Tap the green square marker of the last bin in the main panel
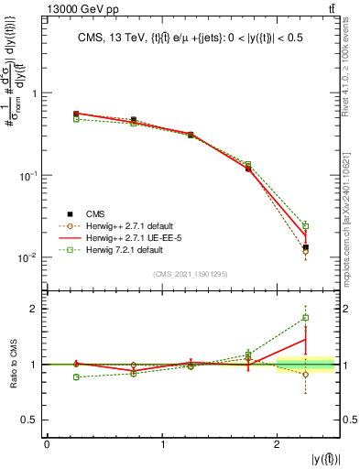click(x=306, y=225)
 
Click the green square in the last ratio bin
click(x=306, y=318)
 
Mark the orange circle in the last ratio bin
click(x=306, y=374)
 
